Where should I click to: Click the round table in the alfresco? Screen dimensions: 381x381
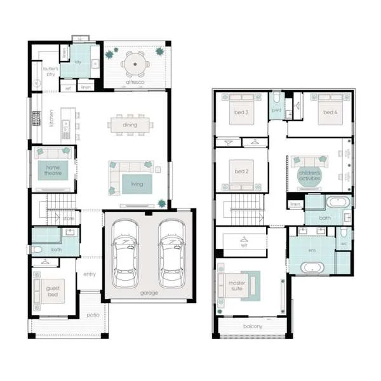click(135, 64)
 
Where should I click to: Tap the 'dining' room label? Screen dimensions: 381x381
click(130, 125)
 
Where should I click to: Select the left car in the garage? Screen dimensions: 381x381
click(124, 253)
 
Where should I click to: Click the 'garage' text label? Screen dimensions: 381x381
click(150, 293)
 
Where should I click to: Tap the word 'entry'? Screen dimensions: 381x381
click(89, 274)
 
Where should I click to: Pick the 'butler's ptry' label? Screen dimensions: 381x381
click(51, 71)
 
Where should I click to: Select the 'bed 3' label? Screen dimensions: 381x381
click(241, 112)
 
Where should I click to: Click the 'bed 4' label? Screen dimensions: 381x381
click(329, 112)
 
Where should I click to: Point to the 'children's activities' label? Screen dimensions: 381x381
click(310, 176)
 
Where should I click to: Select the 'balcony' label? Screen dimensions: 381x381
click(253, 327)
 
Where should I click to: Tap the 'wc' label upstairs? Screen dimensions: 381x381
click(344, 243)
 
